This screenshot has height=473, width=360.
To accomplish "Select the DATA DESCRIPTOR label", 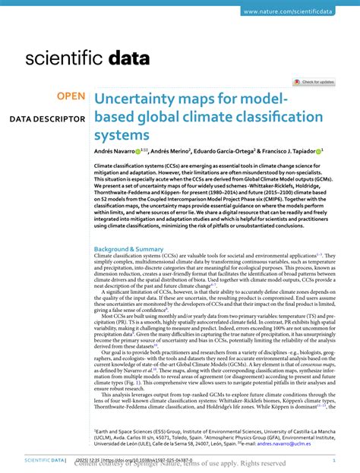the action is tap(46, 119).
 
